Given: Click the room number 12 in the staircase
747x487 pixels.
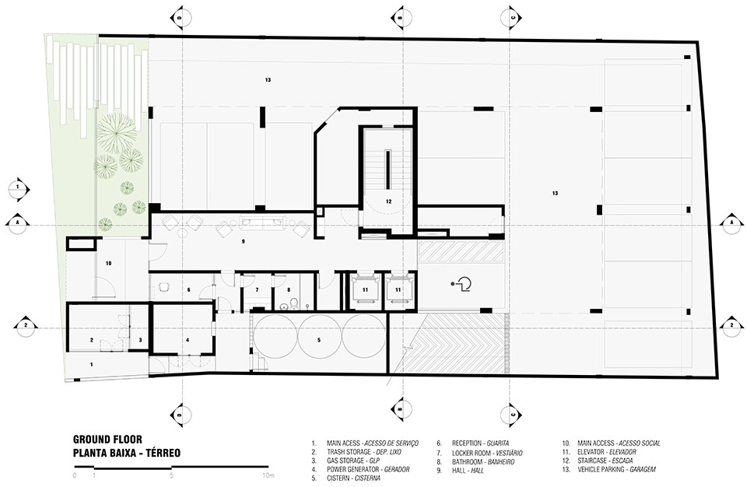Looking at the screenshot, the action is (x=389, y=201).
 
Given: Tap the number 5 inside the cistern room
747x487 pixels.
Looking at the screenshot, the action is (x=319, y=340).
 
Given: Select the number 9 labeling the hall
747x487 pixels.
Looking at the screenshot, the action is (x=243, y=242).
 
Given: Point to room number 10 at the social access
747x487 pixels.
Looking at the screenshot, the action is (x=109, y=263).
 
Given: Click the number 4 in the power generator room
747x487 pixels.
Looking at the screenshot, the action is (x=188, y=340).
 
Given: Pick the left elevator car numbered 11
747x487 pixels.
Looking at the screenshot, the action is (x=365, y=289).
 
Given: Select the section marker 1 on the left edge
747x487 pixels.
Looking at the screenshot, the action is (x=19, y=187).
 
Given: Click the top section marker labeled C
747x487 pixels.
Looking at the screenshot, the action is (x=512, y=18).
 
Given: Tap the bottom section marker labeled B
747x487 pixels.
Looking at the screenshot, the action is (x=401, y=409).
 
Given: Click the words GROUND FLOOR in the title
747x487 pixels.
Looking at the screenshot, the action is (x=107, y=439).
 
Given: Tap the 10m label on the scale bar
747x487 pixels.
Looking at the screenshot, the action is (x=268, y=475).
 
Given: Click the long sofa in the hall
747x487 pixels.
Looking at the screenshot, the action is (x=263, y=222).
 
